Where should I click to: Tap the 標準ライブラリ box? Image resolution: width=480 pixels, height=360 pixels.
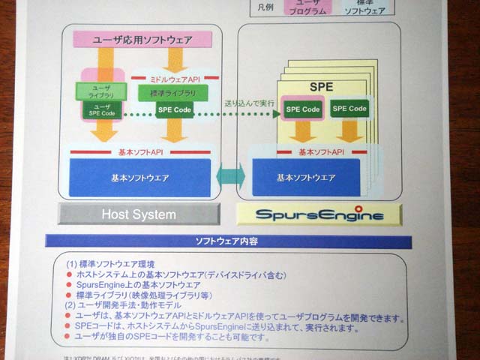point(172,93)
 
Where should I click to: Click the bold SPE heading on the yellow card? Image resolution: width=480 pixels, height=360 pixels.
point(321,88)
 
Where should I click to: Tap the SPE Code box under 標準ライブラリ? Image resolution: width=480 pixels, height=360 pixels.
point(174,110)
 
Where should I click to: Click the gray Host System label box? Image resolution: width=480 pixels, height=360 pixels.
point(139,214)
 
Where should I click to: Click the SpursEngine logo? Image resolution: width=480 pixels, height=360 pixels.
point(319,215)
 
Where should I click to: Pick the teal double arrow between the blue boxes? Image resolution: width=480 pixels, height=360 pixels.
point(231,177)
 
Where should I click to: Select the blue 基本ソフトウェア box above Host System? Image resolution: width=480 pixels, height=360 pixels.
point(140,178)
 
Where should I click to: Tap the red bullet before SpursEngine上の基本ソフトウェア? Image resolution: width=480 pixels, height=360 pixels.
point(69,286)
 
